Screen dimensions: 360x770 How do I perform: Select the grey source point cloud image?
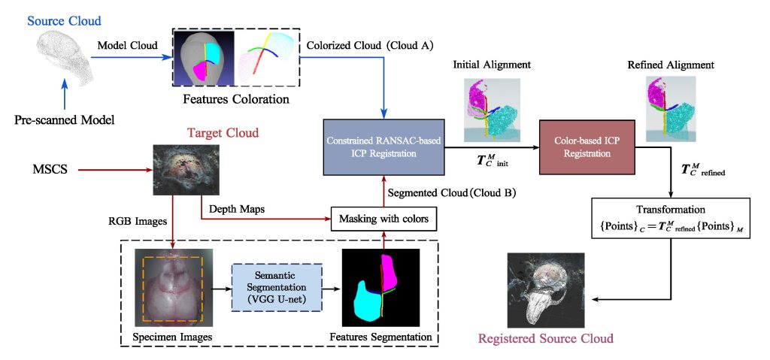click(x=65, y=56)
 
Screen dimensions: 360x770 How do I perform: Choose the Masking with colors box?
click(x=384, y=220)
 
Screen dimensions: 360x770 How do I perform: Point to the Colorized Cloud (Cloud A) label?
click(x=371, y=45)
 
